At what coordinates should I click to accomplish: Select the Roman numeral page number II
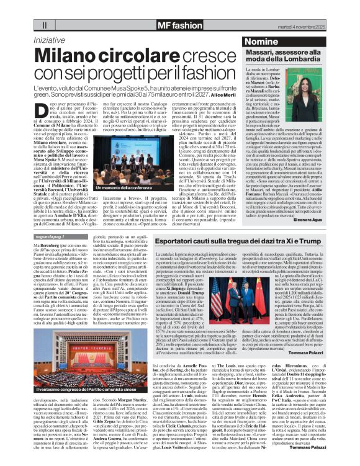tap(45, 25)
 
